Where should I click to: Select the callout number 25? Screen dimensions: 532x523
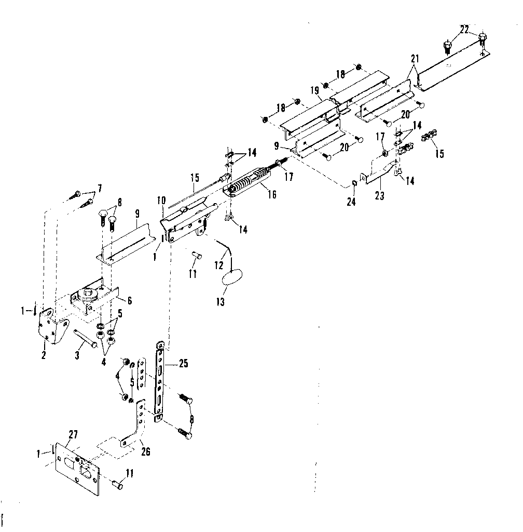pyautogui.click(x=183, y=364)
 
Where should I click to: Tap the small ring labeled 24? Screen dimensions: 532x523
pyautogui.click(x=354, y=183)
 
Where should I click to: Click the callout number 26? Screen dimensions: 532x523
pyautogui.click(x=146, y=451)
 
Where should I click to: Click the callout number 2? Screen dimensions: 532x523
pyautogui.click(x=44, y=355)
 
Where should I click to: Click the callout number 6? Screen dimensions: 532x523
pyautogui.click(x=129, y=301)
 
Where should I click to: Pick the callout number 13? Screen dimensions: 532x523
pyautogui.click(x=221, y=302)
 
